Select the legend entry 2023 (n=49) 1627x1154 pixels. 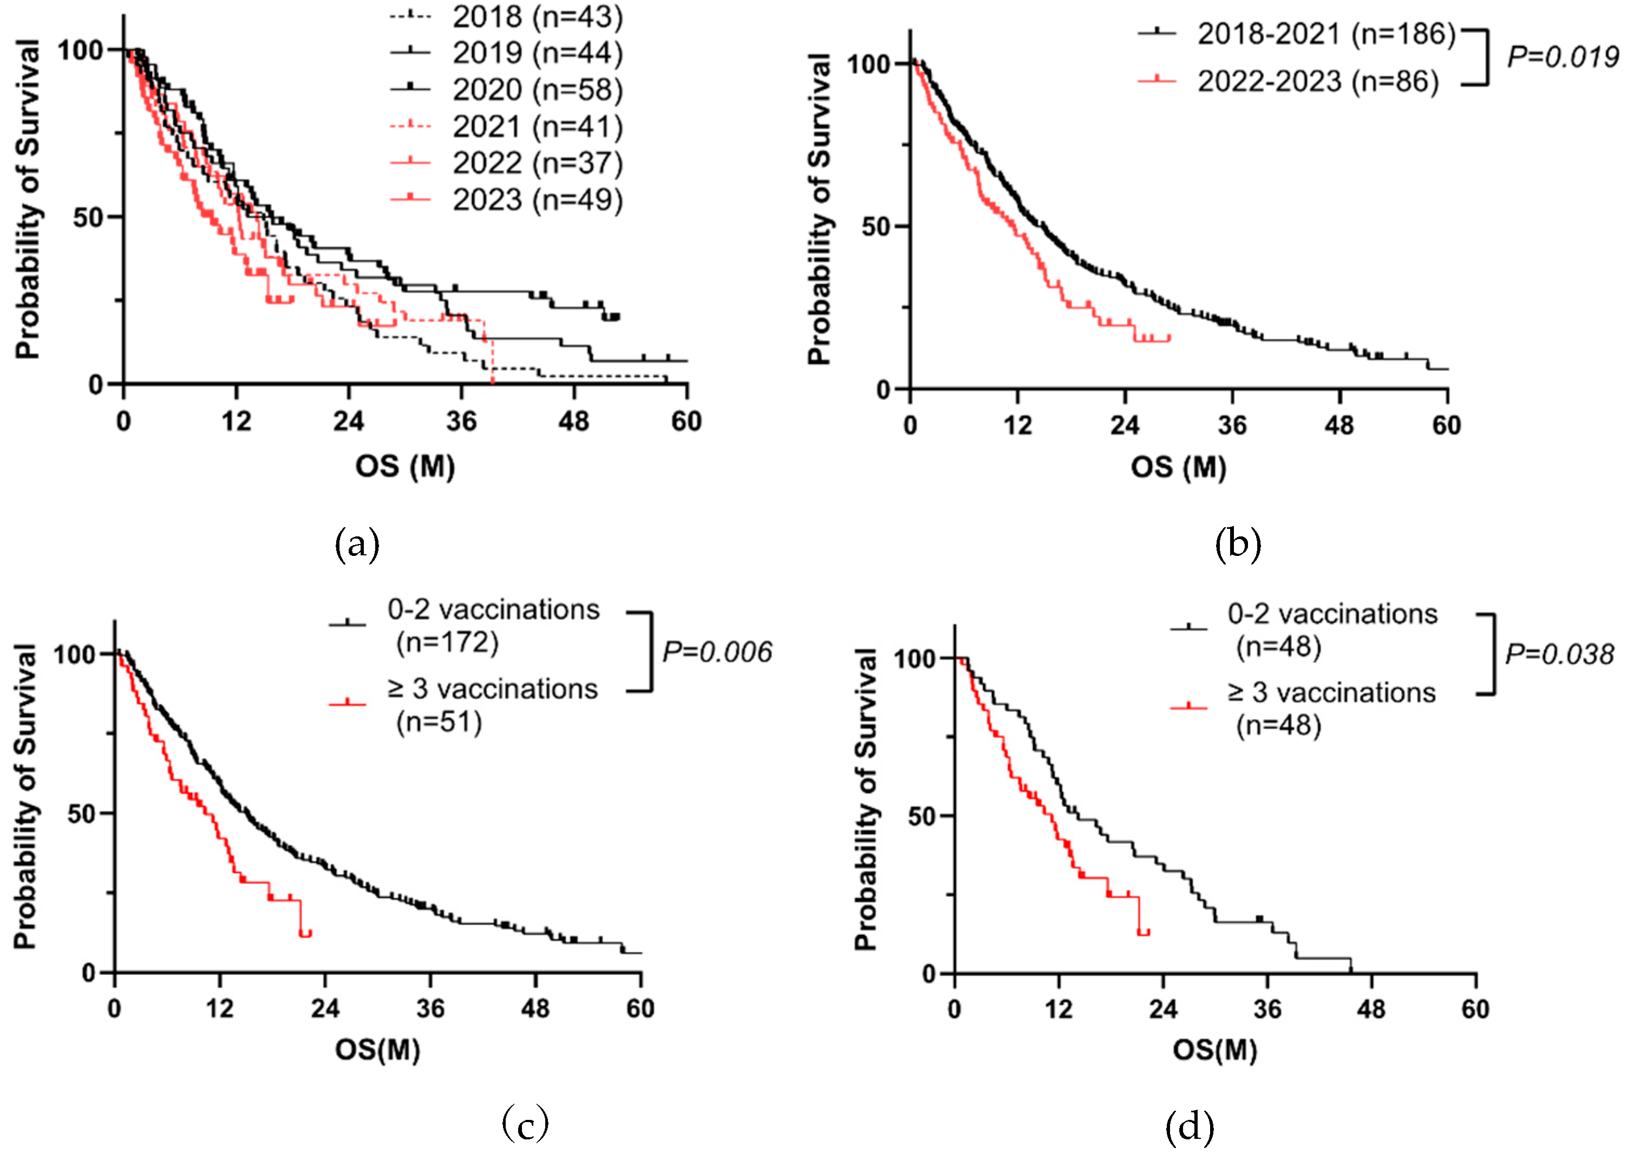(x=537, y=200)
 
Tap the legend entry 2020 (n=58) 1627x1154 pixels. (x=537, y=89)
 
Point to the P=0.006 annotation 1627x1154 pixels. (x=716, y=652)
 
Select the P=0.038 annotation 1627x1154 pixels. (x=1559, y=654)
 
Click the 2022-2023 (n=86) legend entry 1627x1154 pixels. (x=1318, y=81)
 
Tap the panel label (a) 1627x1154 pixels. (x=357, y=545)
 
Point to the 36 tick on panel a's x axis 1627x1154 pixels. (x=461, y=421)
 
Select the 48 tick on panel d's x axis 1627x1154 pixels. (x=1370, y=1009)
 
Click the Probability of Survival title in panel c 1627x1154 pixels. (x=25, y=796)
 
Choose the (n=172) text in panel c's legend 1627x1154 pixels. (x=448, y=642)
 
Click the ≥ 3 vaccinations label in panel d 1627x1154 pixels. (x=1331, y=692)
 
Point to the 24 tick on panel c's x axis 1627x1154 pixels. (x=325, y=1008)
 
